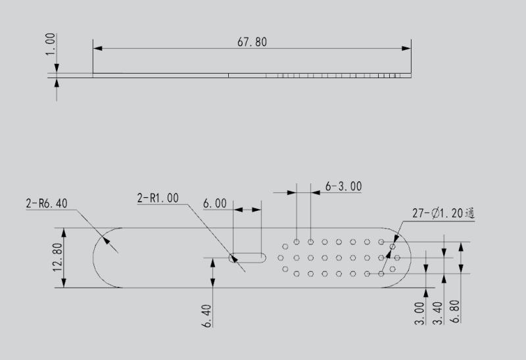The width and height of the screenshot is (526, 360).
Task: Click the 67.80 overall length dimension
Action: [x=252, y=41]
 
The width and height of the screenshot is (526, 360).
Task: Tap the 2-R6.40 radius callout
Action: [x=47, y=204]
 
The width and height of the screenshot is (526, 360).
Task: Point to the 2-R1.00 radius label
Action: [x=158, y=198]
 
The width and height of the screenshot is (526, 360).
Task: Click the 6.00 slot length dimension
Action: [x=215, y=204]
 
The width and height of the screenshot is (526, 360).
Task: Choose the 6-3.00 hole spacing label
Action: [x=344, y=187]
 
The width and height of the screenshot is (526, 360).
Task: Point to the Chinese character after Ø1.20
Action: [x=469, y=213]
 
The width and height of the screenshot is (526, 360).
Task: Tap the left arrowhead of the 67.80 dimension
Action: [x=97, y=47]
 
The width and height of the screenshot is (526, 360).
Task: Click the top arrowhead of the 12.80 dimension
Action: [x=64, y=231]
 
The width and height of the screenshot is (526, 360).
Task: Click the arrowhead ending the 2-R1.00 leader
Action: [x=231, y=256]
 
